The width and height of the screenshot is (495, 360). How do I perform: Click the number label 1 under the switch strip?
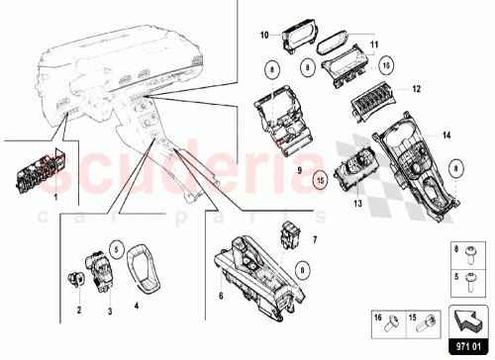pos(55,198)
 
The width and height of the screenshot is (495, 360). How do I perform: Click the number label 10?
pos(265,36)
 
